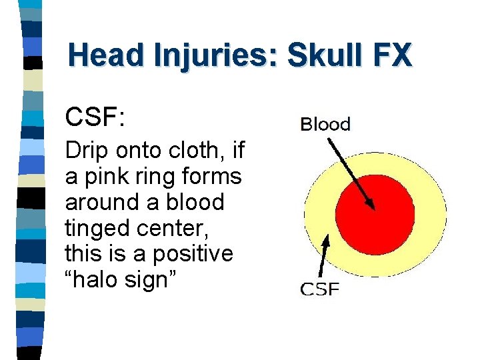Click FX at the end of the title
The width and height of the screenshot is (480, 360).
pyautogui.click(x=393, y=55)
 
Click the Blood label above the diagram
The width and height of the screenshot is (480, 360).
pyautogui.click(x=325, y=124)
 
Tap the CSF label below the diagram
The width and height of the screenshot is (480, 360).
pyautogui.click(x=320, y=289)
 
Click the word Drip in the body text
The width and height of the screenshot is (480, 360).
pyautogui.click(x=85, y=151)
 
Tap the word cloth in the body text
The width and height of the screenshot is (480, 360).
pyautogui.click(x=199, y=151)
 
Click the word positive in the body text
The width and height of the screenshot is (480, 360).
pyautogui.click(x=193, y=253)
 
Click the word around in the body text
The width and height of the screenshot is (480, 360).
pyautogui.click(x=101, y=202)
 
